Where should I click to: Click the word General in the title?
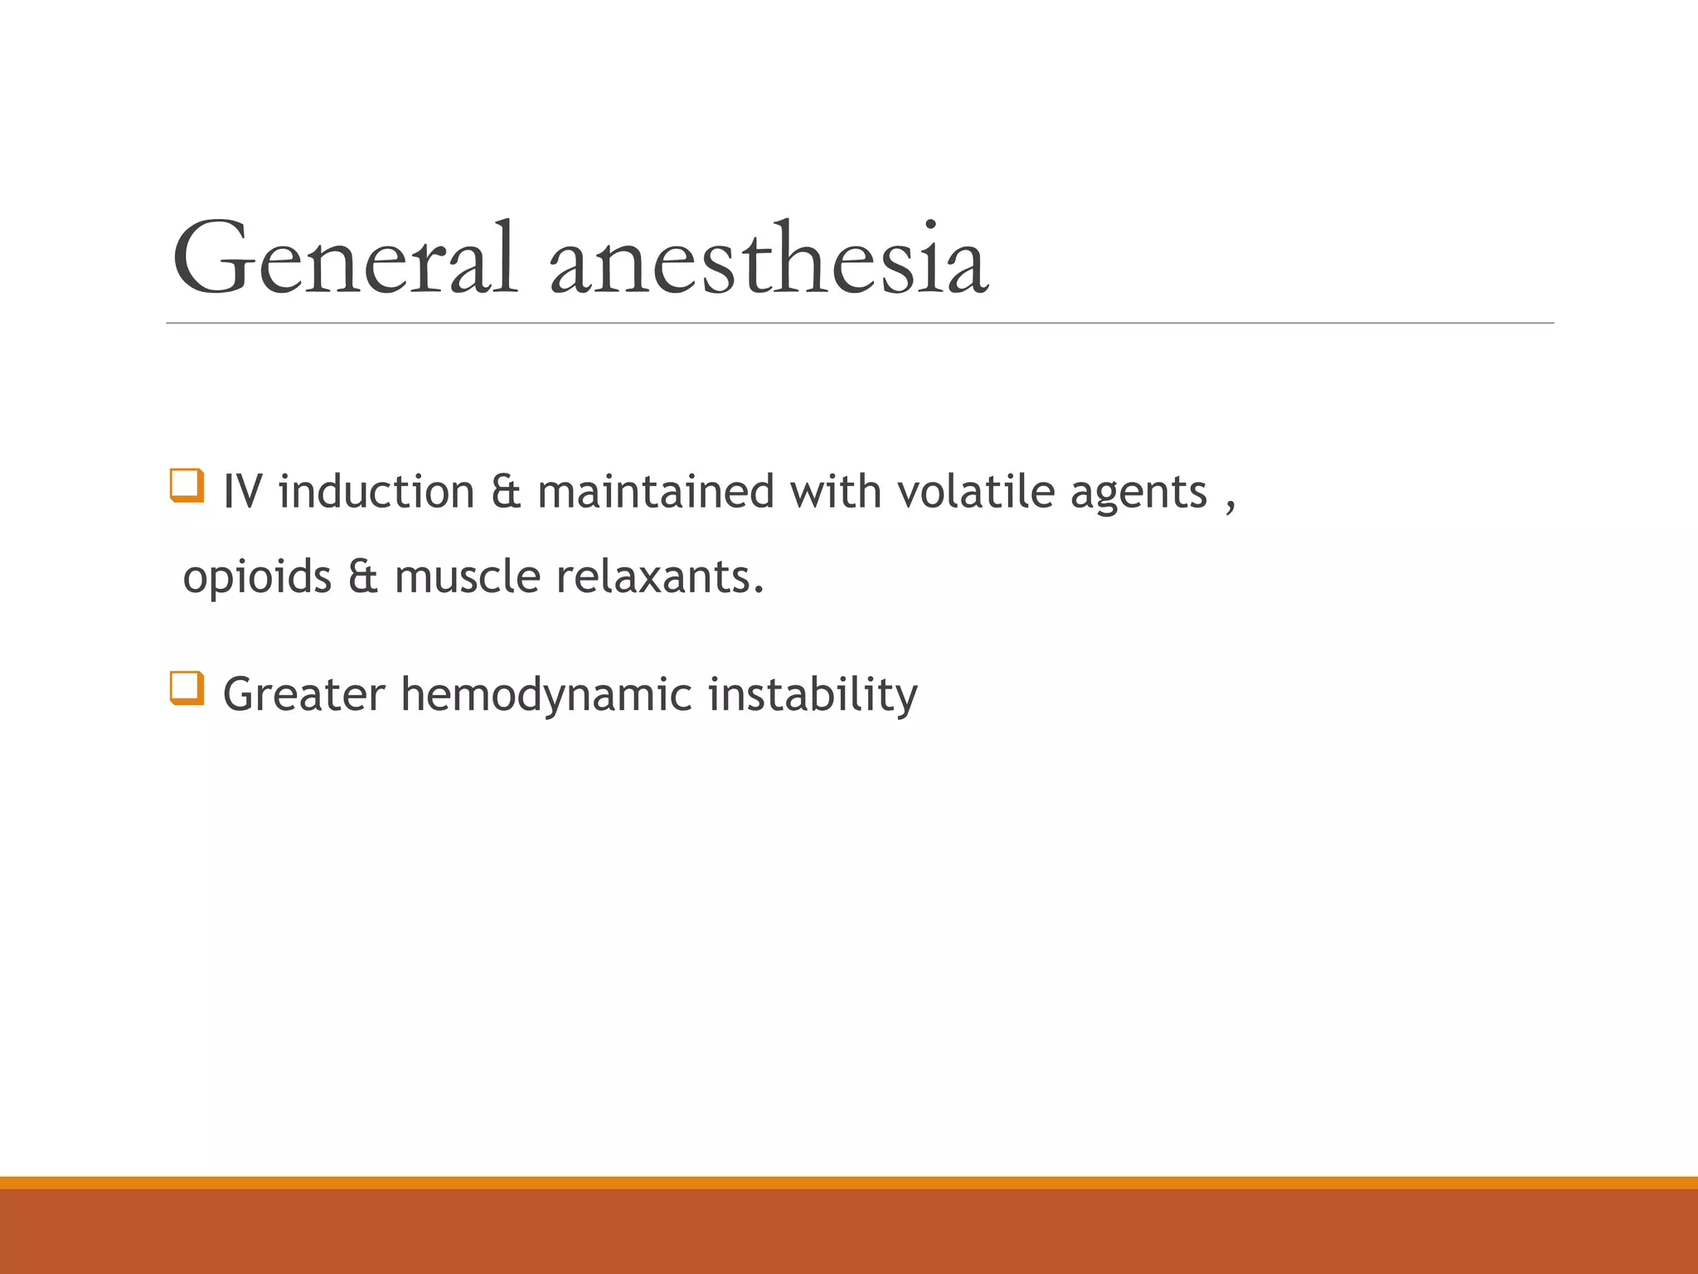point(343,259)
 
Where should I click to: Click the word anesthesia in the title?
point(769,259)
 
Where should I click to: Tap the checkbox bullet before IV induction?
point(187,485)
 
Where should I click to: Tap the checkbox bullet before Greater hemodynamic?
point(187,688)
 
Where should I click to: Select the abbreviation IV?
point(242,492)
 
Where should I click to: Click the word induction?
point(376,492)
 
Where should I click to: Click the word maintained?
point(656,492)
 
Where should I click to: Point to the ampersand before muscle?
point(362,577)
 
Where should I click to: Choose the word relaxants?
point(659,576)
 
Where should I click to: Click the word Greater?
point(304,694)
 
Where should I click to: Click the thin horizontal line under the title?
point(859,323)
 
